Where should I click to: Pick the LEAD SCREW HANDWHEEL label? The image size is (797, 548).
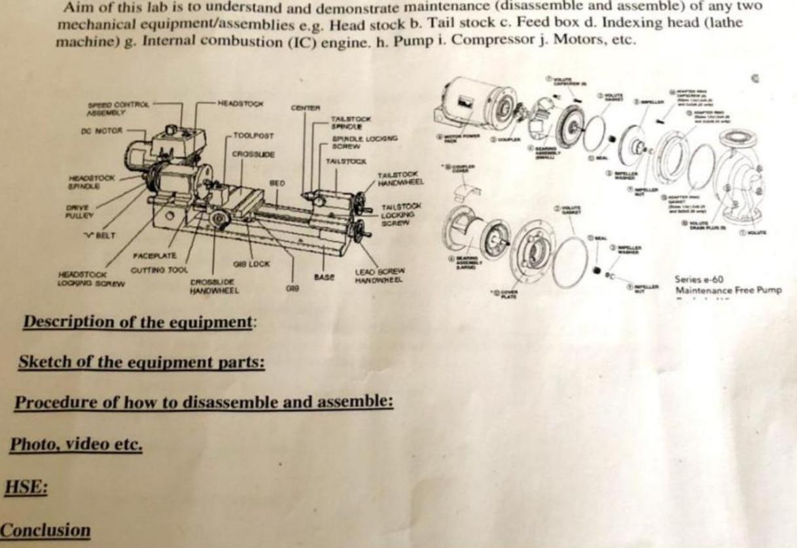[x=380, y=275]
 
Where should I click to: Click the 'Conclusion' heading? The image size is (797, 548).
[x=46, y=530]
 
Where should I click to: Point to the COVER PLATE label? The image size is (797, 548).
[x=508, y=293]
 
